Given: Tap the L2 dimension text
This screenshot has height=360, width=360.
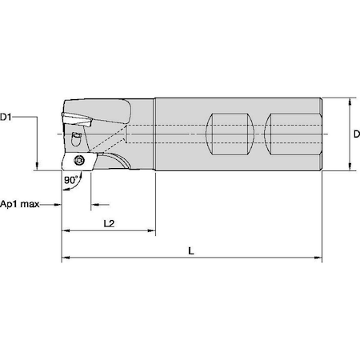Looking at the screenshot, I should pyautogui.click(x=110, y=223).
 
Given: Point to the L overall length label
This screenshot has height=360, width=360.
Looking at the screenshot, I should pyautogui.click(x=190, y=250).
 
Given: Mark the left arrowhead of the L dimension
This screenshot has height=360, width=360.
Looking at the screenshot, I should pyautogui.click(x=66, y=259).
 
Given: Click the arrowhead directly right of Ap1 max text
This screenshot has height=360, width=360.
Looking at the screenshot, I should pyautogui.click(x=56, y=203).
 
